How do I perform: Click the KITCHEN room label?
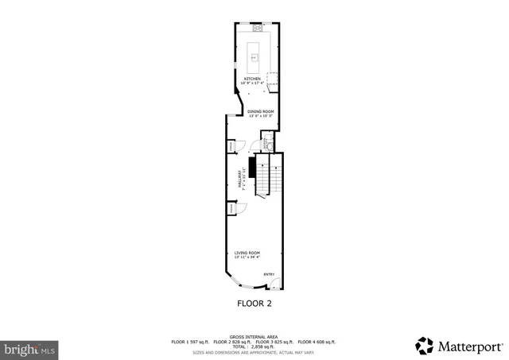[x=252, y=78]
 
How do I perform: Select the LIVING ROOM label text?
[x=247, y=253]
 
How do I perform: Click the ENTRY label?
[x=269, y=275]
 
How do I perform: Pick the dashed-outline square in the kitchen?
[x=272, y=77]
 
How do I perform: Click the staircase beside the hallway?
[x=270, y=176]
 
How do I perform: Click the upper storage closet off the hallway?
[x=231, y=146]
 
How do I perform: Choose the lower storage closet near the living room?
[x=231, y=208]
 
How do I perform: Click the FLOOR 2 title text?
[x=254, y=303]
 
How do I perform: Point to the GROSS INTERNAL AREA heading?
[x=254, y=337]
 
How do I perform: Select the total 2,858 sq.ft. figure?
[x=254, y=346]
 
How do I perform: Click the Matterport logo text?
[x=468, y=345]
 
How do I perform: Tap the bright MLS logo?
[x=29, y=348]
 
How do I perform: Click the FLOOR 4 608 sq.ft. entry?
[x=317, y=342]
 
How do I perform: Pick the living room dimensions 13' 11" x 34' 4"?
[x=247, y=257]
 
